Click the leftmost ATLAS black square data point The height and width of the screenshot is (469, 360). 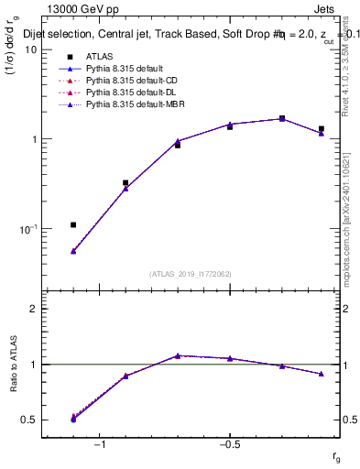coord(73,224)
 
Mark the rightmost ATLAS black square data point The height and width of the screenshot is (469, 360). coord(322,129)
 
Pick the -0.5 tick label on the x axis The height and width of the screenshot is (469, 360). coord(229,444)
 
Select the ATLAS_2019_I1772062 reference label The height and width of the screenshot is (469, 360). coord(191,273)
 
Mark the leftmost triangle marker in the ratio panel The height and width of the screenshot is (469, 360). coord(73,418)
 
